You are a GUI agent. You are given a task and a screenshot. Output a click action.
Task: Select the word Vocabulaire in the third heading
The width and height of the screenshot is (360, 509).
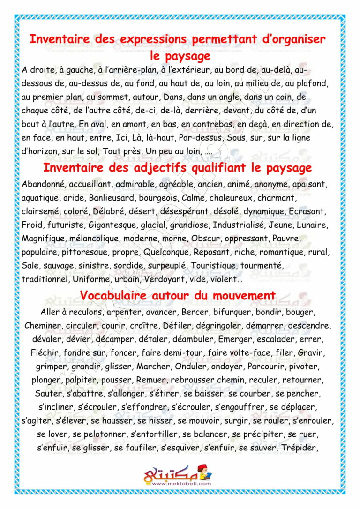[113, 296]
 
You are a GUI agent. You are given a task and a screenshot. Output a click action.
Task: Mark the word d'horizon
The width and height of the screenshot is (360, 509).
[44, 152]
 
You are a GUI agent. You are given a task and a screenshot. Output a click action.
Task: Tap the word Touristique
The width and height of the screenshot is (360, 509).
[214, 266]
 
